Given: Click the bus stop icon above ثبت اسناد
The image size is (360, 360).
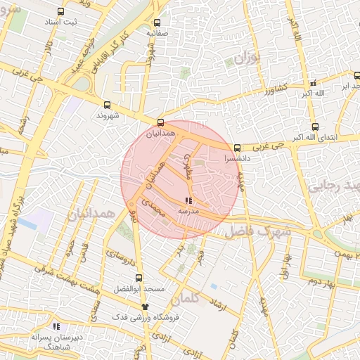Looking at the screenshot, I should (60, 12).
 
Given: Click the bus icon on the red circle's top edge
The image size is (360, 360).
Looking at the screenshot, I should (162, 122).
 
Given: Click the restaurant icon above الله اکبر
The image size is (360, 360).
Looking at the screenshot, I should (314, 82).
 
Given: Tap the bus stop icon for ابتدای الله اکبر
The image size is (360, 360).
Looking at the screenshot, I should (314, 127).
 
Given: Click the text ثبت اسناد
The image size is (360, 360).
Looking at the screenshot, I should (60, 22).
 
